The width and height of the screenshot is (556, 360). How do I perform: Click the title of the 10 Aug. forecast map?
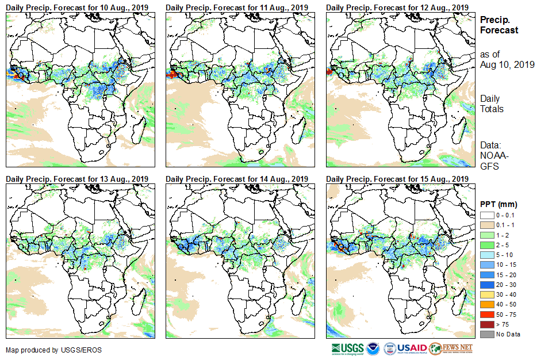(x=77, y=7)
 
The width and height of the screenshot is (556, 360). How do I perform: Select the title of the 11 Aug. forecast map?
(x=237, y=7)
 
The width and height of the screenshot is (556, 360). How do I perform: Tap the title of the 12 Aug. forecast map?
(x=397, y=7)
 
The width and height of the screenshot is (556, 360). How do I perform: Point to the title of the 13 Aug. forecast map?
(x=77, y=179)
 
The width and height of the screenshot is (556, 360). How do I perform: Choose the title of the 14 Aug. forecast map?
(x=237, y=179)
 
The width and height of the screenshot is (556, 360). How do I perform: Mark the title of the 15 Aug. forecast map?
(x=397, y=179)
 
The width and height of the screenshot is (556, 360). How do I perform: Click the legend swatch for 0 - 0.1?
(x=486, y=215)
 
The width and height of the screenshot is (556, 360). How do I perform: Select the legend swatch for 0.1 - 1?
(x=486, y=225)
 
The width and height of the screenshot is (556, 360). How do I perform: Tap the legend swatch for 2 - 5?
(x=486, y=245)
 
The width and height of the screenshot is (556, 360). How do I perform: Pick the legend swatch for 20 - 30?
(x=486, y=285)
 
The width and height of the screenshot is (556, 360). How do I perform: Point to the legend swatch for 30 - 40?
(x=486, y=294)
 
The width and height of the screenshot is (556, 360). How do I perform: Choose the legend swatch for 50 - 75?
(x=486, y=315)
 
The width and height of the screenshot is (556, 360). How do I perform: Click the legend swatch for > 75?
(x=486, y=324)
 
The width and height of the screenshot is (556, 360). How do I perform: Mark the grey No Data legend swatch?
(x=486, y=334)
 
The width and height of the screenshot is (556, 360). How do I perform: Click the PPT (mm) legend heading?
(x=499, y=204)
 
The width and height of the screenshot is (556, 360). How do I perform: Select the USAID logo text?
(x=411, y=348)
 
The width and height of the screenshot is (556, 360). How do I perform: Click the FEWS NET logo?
(x=451, y=348)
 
